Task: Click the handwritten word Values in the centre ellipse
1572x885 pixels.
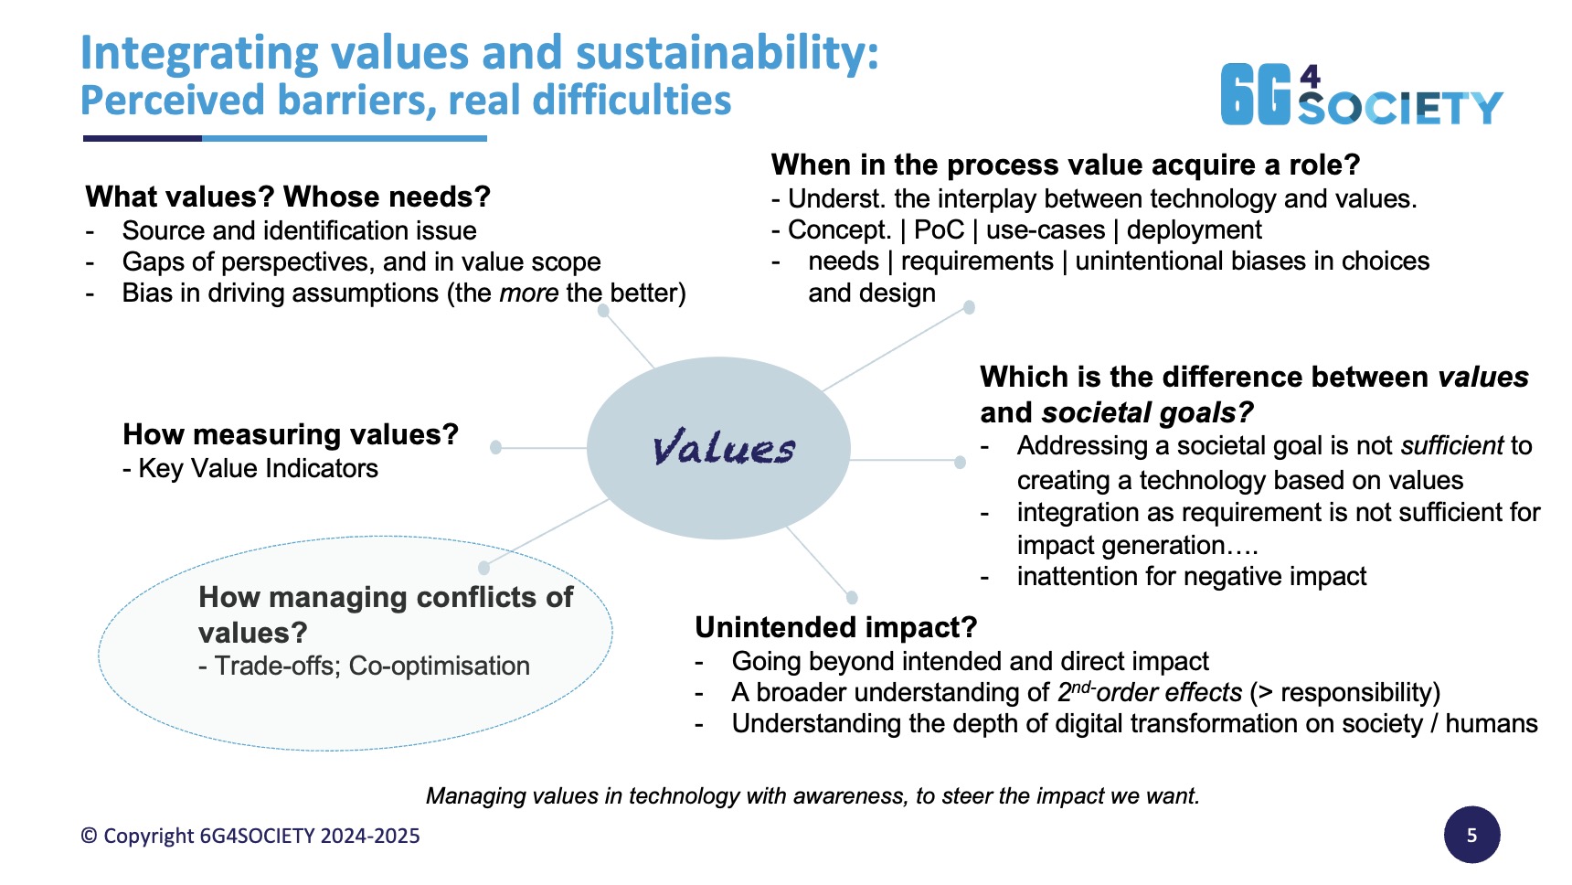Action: click(724, 448)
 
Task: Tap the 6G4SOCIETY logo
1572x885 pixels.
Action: click(1362, 94)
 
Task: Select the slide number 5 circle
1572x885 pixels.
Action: click(1471, 835)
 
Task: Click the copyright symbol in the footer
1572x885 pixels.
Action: click(89, 836)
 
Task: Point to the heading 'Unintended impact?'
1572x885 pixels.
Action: click(836, 627)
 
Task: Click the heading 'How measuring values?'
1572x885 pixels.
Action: click(291, 434)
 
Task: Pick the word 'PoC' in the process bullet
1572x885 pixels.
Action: click(939, 229)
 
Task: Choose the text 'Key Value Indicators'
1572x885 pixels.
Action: click(258, 468)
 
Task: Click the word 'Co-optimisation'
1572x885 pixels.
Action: click(440, 666)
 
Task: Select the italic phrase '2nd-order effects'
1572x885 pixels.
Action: click(1150, 691)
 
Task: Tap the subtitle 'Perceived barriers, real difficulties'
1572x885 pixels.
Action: click(406, 101)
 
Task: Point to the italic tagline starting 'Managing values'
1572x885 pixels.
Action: click(813, 795)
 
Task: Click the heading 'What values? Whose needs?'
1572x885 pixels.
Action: click(288, 197)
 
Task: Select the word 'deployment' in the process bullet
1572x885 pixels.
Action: click(1194, 229)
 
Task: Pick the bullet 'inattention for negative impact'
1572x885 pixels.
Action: click(1192, 576)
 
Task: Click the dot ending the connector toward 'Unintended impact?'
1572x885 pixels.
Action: click(852, 598)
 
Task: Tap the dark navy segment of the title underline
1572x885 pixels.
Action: click(143, 139)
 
